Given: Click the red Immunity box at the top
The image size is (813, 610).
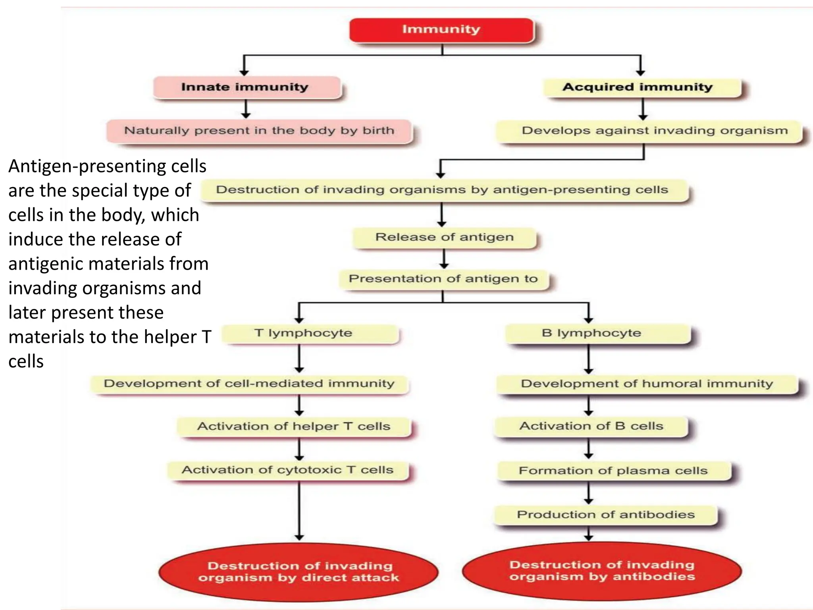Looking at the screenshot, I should click(441, 30).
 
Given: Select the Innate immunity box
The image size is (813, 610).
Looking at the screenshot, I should click(246, 87).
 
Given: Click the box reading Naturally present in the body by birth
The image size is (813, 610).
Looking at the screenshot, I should click(259, 131).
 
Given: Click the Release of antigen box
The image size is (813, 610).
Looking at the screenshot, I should click(444, 237).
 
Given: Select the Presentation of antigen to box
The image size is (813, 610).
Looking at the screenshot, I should click(443, 279).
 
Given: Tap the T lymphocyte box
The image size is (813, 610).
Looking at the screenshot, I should click(310, 333).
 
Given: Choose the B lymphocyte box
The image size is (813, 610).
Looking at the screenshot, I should click(597, 333).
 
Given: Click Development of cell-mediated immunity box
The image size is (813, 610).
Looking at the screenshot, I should click(250, 384).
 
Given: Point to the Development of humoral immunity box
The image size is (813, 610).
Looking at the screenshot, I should click(647, 384).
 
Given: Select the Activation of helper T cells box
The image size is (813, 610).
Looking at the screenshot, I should click(294, 427).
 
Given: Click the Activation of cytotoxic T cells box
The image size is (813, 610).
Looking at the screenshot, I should click(288, 470).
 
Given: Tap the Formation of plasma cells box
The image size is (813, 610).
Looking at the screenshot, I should click(613, 471).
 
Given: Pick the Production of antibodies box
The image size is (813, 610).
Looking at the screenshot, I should click(605, 515).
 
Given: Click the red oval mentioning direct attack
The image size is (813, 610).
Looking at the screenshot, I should click(299, 572).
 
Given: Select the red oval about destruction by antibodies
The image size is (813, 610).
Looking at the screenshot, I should click(602, 571).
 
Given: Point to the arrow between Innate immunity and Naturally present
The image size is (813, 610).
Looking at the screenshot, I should click(246, 108).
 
